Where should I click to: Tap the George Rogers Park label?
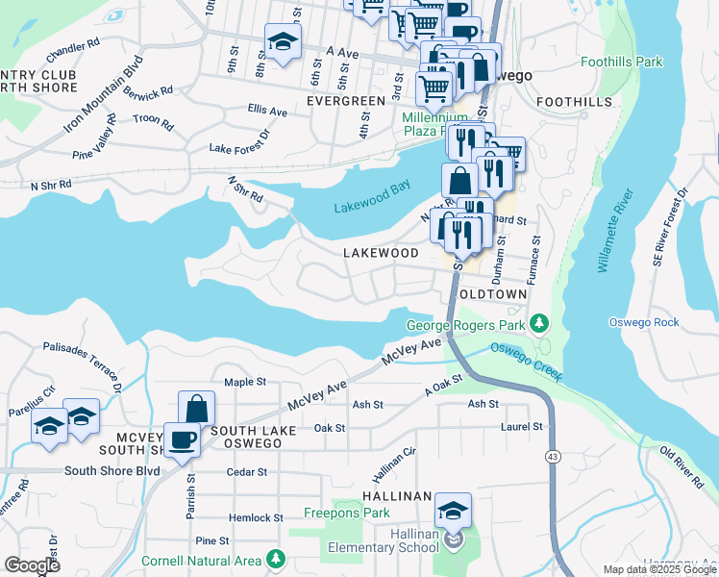[x=466, y=325]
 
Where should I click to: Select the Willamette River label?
[x=612, y=232]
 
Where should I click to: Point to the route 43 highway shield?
[x=552, y=455]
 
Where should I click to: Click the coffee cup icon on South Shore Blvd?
[x=182, y=440]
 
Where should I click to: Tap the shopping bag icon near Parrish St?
[x=196, y=408]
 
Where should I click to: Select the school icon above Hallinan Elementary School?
[x=453, y=509]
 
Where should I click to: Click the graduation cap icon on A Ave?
[x=283, y=41]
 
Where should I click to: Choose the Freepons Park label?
[x=347, y=513]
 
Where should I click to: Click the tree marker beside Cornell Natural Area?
[x=277, y=558]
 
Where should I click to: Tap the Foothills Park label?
[x=623, y=62]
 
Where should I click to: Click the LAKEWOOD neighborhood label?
[x=382, y=252]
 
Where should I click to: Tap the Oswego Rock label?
[x=653, y=322]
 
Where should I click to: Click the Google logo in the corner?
[x=32, y=564]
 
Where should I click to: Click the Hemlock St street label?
[x=253, y=517]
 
